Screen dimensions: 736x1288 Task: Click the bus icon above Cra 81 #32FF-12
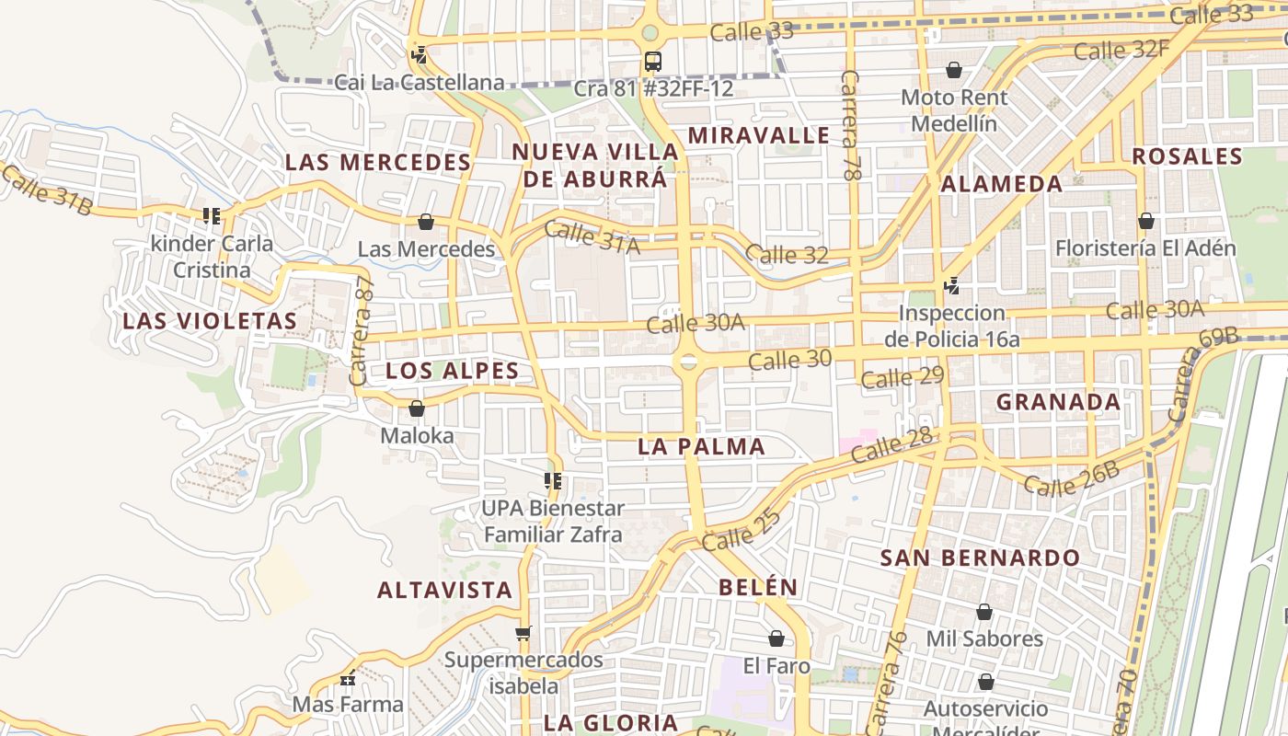point(652,62)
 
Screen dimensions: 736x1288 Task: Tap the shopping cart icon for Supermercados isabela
point(523,633)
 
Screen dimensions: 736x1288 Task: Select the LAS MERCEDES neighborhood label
point(377,163)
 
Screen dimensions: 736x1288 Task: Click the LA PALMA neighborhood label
point(701,447)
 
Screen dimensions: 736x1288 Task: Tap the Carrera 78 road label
point(851,123)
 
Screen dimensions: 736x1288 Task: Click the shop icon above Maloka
point(417,408)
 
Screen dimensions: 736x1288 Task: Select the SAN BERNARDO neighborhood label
point(980,558)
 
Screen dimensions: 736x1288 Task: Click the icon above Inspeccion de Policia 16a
point(952,286)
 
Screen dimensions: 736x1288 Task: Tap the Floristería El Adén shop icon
point(1145,221)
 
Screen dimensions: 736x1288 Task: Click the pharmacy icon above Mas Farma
point(348,679)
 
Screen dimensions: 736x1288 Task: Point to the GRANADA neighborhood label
point(1058,402)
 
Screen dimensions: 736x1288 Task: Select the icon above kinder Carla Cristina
point(212,216)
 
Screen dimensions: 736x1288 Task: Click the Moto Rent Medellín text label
point(954,109)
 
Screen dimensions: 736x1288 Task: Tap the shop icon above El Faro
point(776,638)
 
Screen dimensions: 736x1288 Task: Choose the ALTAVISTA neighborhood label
point(444,591)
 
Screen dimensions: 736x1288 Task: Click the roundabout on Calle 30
point(687,362)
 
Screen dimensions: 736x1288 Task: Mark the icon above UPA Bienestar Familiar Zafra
point(553,481)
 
